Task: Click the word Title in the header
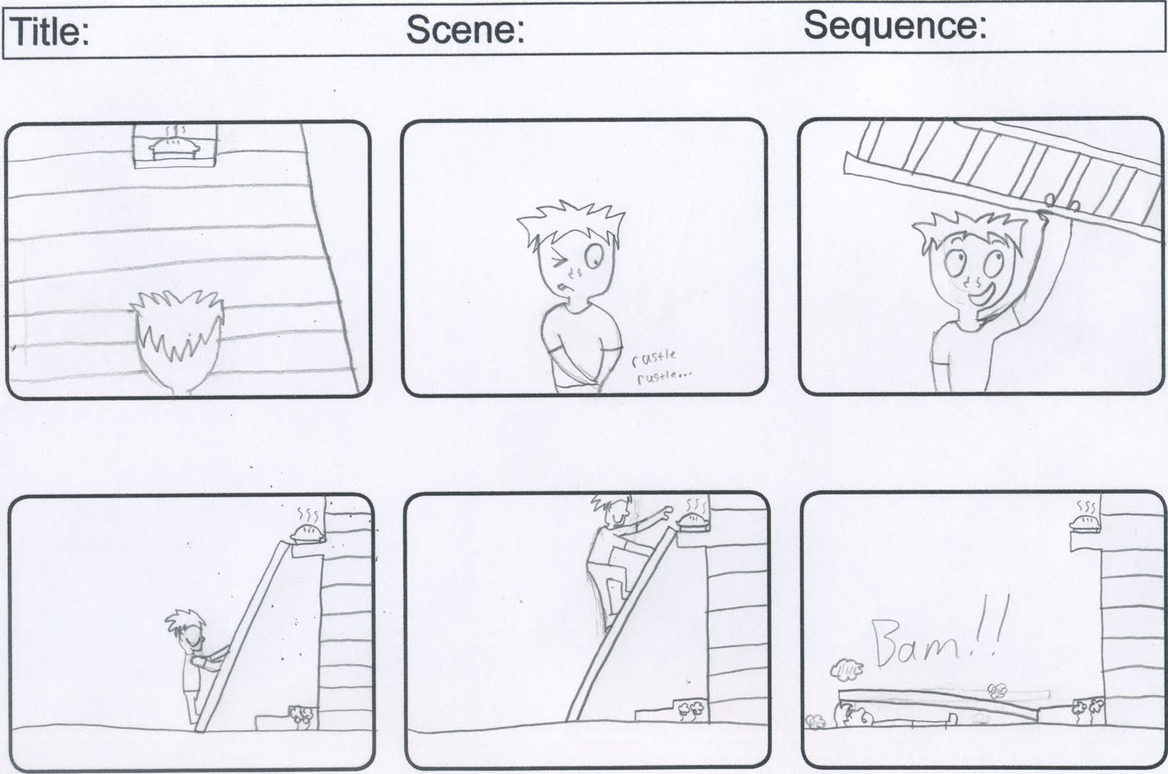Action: [50, 32]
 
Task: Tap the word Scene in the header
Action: [465, 29]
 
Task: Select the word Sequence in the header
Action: [895, 26]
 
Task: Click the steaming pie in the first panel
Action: [174, 147]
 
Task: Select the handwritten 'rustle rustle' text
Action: [658, 368]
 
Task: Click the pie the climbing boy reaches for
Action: [693, 521]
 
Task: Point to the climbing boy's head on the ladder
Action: [611, 510]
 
